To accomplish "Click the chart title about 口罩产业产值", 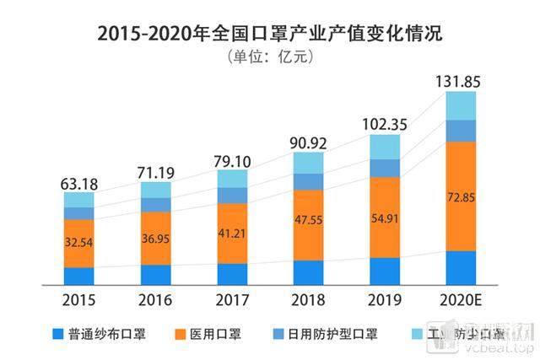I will (x=270, y=35).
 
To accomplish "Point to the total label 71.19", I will (x=155, y=173).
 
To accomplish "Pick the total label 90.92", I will (x=310, y=142).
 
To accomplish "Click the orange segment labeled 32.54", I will (x=78, y=243).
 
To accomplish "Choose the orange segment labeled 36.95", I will (x=155, y=239).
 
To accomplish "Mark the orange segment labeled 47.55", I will (x=310, y=224).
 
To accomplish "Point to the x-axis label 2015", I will (x=78, y=298).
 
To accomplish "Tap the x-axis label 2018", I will (x=310, y=298).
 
